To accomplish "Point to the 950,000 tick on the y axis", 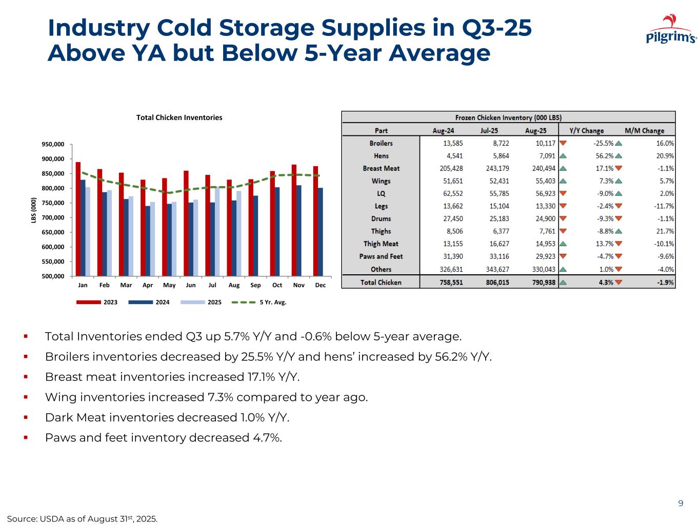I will click(53, 145).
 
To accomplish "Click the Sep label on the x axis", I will click(255, 285).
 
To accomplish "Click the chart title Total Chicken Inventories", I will click(179, 117).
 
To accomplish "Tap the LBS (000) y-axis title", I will click(33, 210).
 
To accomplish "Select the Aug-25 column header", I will click(535, 131).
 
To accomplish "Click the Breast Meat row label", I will click(381, 168).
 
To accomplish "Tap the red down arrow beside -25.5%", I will click(563, 144).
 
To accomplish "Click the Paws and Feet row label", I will click(381, 256).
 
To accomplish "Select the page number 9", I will click(681, 503).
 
